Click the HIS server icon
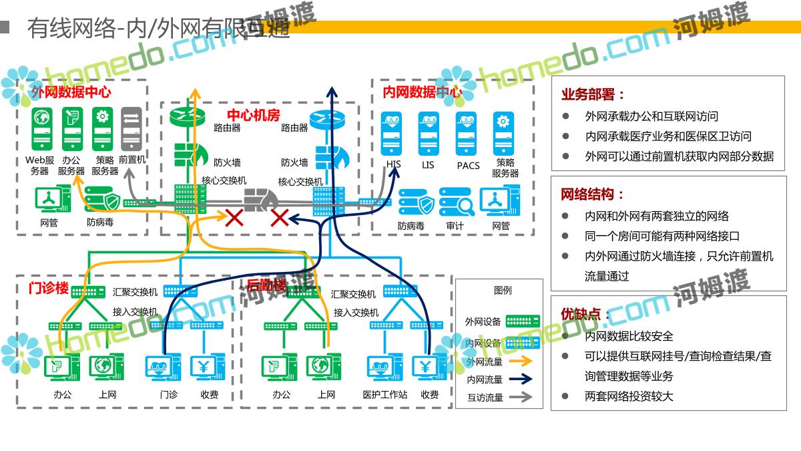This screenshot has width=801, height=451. pyautogui.click(x=391, y=132)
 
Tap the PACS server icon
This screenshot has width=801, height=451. pyautogui.click(x=466, y=132)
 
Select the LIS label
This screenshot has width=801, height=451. pyautogui.click(x=428, y=164)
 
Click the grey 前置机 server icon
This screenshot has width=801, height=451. pyautogui.click(x=131, y=129)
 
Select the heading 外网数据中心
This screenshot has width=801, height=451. pyautogui.click(x=71, y=93)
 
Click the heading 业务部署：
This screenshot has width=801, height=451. pyautogui.click(x=592, y=95)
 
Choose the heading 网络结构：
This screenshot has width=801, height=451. pyautogui.click(x=592, y=194)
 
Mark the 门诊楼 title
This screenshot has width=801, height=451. pyautogui.click(x=49, y=288)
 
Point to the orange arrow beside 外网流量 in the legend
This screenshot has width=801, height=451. pyautogui.click(x=522, y=361)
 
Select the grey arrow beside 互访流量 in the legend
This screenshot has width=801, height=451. pyautogui.click(x=522, y=397)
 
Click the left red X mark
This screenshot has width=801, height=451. pyautogui.click(x=234, y=217)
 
